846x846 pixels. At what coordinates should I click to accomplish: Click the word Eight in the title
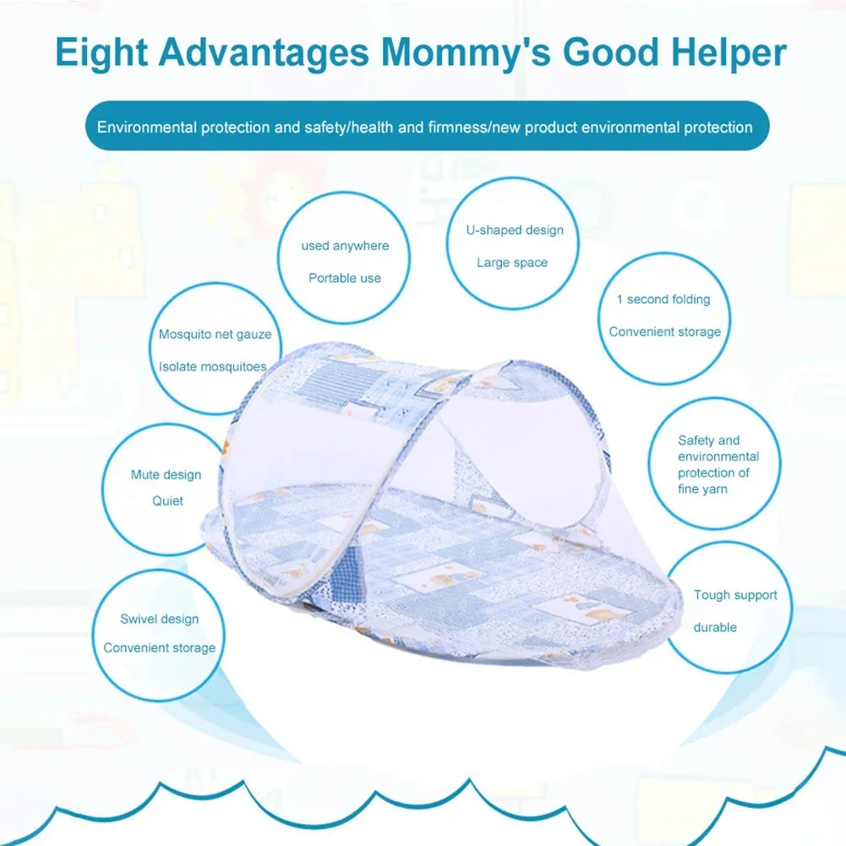click(x=101, y=52)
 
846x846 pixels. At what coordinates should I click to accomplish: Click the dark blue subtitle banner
click(x=427, y=127)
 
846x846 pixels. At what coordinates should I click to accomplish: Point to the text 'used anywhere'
click(x=345, y=246)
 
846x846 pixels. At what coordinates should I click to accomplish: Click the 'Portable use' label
click(x=345, y=278)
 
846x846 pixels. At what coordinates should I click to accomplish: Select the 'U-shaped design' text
click(x=515, y=230)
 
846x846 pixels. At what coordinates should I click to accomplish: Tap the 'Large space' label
click(x=512, y=263)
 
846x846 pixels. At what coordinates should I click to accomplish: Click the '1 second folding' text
click(x=663, y=299)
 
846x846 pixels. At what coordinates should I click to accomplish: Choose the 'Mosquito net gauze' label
click(x=215, y=335)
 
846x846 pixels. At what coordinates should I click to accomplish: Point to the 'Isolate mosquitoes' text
click(x=213, y=367)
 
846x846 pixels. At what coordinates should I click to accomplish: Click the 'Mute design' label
click(x=166, y=475)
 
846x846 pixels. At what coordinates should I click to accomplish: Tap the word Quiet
click(x=167, y=501)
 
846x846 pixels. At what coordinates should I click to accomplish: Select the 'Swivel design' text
click(x=159, y=619)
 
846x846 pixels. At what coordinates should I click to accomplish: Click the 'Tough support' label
click(x=735, y=595)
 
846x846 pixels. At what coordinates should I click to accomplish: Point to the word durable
click(x=715, y=627)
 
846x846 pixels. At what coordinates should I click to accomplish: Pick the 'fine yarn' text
click(x=702, y=489)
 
